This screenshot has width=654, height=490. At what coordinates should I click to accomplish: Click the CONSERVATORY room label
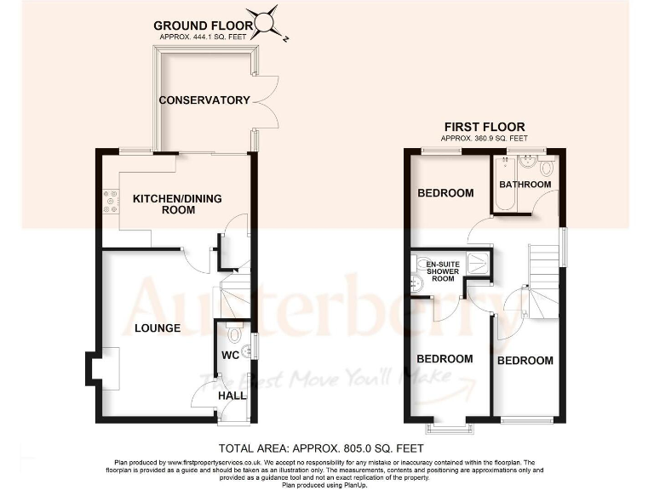tap(204, 100)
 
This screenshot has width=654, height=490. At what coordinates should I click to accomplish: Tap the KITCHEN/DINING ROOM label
tap(177, 204)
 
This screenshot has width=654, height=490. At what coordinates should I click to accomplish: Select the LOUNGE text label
tap(157, 328)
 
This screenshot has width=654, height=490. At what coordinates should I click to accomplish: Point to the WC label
tap(230, 355)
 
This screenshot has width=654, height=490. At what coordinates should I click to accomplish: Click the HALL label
tap(232, 396)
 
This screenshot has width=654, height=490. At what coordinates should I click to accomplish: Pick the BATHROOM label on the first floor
tap(525, 185)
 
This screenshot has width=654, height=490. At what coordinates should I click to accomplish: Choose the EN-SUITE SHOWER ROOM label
tap(443, 271)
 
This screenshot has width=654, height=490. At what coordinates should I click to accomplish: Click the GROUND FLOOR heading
tap(204, 26)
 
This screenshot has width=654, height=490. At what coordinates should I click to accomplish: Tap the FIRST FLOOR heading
tap(484, 127)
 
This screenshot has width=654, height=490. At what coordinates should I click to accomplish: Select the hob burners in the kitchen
tap(110, 201)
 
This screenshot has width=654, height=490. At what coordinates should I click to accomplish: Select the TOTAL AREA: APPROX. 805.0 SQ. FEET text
tap(321, 447)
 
